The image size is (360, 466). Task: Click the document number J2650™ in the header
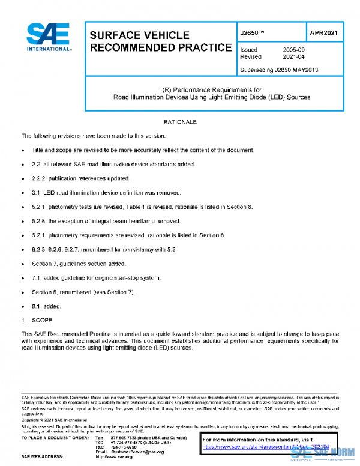(252, 34)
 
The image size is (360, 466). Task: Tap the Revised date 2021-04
(295, 57)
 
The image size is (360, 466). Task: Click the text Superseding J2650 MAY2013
(278, 70)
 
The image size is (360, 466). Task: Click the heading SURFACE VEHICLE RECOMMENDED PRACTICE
(160, 41)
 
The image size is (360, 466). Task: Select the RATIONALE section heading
(179, 123)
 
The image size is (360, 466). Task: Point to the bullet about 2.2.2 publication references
(80, 178)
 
